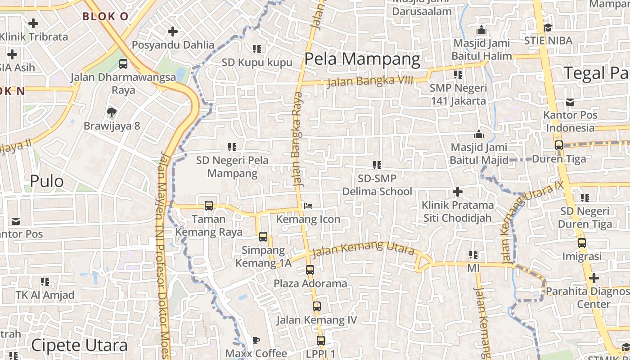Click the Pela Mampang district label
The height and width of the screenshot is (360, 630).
tap(362, 59)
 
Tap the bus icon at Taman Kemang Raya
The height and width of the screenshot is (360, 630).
tap(208, 205)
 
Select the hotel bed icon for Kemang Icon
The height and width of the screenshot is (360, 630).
tap(308, 206)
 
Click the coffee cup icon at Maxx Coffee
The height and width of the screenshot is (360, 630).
tap(256, 339)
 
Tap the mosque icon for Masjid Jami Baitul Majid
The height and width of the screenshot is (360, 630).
tap(478, 134)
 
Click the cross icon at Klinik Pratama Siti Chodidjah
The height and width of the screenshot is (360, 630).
tap(457, 192)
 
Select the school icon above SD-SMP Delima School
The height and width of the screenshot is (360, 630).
tap(377, 165)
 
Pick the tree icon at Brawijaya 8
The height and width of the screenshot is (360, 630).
tap(112, 112)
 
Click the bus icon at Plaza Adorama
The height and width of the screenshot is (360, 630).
tap(310, 270)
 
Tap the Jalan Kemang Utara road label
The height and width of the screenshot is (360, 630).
tap(363, 249)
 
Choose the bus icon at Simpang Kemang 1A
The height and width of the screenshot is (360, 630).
tap(263, 237)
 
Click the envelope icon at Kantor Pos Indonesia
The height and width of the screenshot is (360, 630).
tap(570, 102)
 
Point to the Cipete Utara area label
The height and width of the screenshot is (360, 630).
tap(79, 346)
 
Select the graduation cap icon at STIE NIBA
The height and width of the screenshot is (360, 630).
tap(548, 28)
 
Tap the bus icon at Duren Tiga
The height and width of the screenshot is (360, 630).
tap(558, 145)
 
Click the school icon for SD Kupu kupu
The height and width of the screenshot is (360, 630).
tap(257, 49)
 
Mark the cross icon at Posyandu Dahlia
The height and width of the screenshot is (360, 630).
tap(172, 31)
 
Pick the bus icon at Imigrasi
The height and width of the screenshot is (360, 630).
tap(581, 243)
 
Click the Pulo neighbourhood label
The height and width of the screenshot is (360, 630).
tap(47, 181)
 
